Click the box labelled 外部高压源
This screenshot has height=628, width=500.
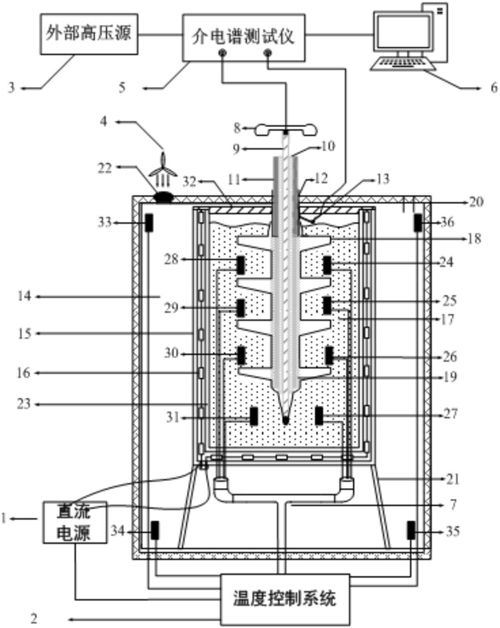coord(89,34)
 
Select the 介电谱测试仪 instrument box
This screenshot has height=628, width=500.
coord(244,38)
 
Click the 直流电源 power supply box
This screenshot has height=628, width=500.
coord(75,523)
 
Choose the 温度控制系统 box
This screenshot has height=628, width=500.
coord(284,599)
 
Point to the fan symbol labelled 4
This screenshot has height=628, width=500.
coord(163,169)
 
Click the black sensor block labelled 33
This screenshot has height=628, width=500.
coord(149,222)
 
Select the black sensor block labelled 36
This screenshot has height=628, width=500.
coord(419,222)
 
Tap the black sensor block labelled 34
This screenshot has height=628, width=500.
coord(154,531)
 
